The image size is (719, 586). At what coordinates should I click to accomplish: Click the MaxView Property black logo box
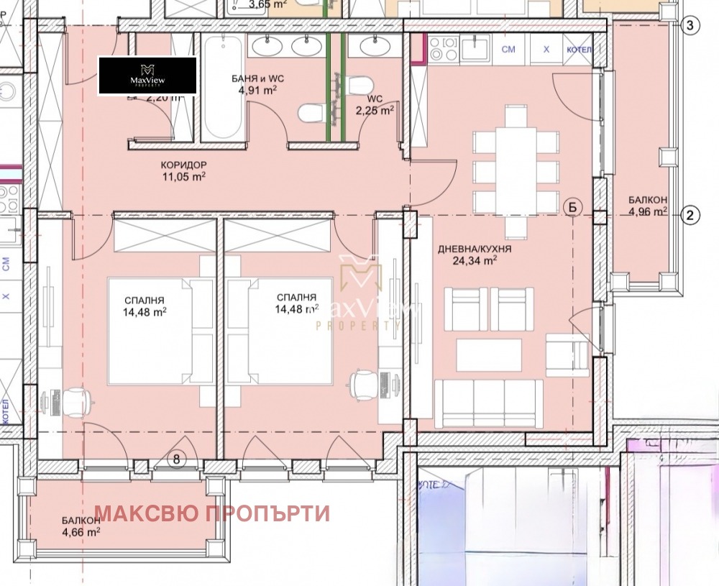click(x=147, y=75)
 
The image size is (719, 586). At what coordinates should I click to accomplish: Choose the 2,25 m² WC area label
click(x=377, y=109)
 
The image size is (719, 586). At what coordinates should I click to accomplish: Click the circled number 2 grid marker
click(x=690, y=214)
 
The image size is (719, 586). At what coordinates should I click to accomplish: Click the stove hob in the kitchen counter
click(x=443, y=50)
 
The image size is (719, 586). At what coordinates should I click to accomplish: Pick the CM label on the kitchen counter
click(x=508, y=50)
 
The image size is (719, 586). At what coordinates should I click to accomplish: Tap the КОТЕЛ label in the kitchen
click(x=579, y=50)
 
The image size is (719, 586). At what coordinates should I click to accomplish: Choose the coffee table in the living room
click(x=489, y=354)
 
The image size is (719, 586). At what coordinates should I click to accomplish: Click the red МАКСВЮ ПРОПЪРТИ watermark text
click(x=212, y=513)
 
